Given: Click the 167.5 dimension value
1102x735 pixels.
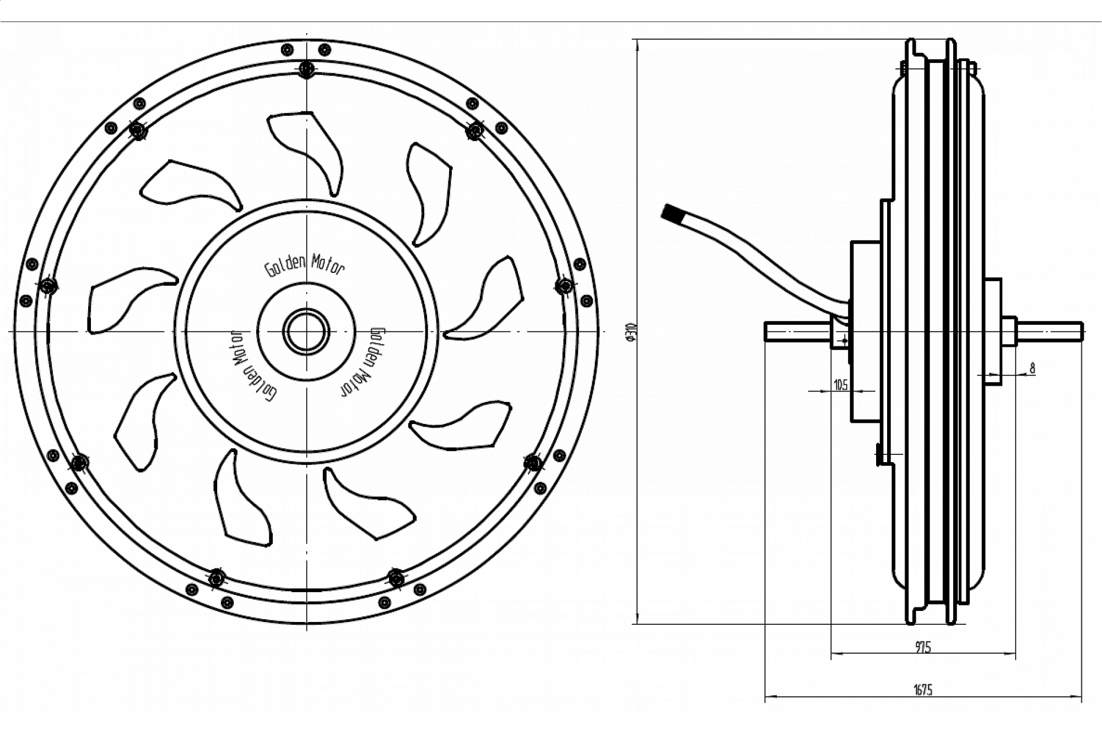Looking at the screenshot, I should pos(923,689).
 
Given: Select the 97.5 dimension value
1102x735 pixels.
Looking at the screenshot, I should pos(923,647).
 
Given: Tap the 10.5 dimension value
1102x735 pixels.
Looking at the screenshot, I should pos(841,384).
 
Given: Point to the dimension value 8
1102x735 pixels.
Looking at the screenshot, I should pos(1032,368).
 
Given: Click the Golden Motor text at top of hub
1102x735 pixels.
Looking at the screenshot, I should pos(305,265).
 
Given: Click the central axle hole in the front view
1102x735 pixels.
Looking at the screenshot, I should pos(306,332).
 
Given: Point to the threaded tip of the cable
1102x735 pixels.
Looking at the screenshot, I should pos(671,213).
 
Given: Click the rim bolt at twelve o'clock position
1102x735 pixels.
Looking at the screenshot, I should pos(306,69).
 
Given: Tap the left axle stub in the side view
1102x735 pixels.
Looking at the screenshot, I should pos(797,332).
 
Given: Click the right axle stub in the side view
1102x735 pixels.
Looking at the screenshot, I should pos(1050,331).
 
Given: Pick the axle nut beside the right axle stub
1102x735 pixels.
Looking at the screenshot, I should pos(1009,331).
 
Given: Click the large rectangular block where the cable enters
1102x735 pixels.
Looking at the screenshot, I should pos(865,331).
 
